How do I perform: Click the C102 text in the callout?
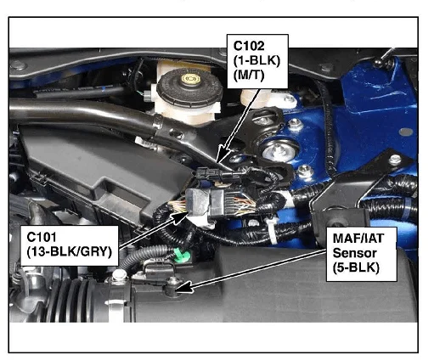point(249,46)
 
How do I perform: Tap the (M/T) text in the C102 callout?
point(249,76)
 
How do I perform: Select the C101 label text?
point(42,237)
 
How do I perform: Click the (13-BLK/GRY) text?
point(70,251)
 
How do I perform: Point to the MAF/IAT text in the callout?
point(358,239)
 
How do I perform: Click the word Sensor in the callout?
point(354,253)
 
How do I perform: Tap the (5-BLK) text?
point(356,267)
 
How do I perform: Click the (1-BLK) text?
point(256,60)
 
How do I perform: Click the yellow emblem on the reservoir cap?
point(191,79)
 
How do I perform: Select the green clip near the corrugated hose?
point(181,255)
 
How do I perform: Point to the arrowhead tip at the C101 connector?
point(188,212)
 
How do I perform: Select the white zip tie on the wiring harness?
point(271,229)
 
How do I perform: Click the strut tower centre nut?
point(277,152)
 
